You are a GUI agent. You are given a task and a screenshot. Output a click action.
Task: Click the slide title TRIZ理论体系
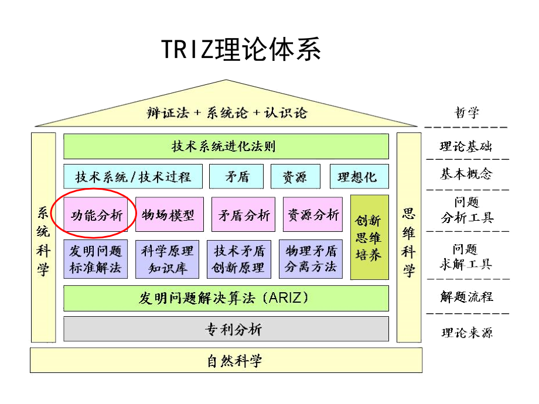(241, 50)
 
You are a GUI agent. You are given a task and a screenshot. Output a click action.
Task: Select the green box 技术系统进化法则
(226, 146)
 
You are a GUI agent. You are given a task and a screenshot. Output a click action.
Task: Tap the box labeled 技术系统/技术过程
(133, 176)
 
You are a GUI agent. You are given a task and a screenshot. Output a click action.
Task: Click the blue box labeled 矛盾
(237, 176)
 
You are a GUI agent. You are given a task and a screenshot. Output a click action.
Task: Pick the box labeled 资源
(295, 176)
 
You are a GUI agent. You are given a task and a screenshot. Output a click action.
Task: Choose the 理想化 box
(357, 176)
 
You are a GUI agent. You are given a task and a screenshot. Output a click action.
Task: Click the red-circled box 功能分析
(97, 215)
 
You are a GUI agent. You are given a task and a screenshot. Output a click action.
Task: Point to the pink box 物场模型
(169, 215)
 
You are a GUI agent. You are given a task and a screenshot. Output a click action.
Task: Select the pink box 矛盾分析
(244, 215)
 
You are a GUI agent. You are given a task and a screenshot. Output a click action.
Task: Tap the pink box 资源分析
(313, 215)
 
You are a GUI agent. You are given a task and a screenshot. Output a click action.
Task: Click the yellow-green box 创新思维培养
(369, 237)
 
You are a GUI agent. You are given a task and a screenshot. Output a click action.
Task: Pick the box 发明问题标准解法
(95, 259)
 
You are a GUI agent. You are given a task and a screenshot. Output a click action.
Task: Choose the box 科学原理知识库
(167, 259)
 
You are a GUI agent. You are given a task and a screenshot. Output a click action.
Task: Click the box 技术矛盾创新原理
(239, 259)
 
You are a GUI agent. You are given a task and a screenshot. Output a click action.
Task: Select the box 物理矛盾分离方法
(311, 259)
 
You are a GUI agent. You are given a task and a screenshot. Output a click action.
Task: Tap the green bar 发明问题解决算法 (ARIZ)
(226, 298)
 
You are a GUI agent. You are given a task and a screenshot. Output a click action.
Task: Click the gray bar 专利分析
(226, 329)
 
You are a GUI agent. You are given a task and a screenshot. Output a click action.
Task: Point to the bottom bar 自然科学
(226, 360)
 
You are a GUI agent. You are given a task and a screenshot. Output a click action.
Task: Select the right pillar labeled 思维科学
(408, 238)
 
